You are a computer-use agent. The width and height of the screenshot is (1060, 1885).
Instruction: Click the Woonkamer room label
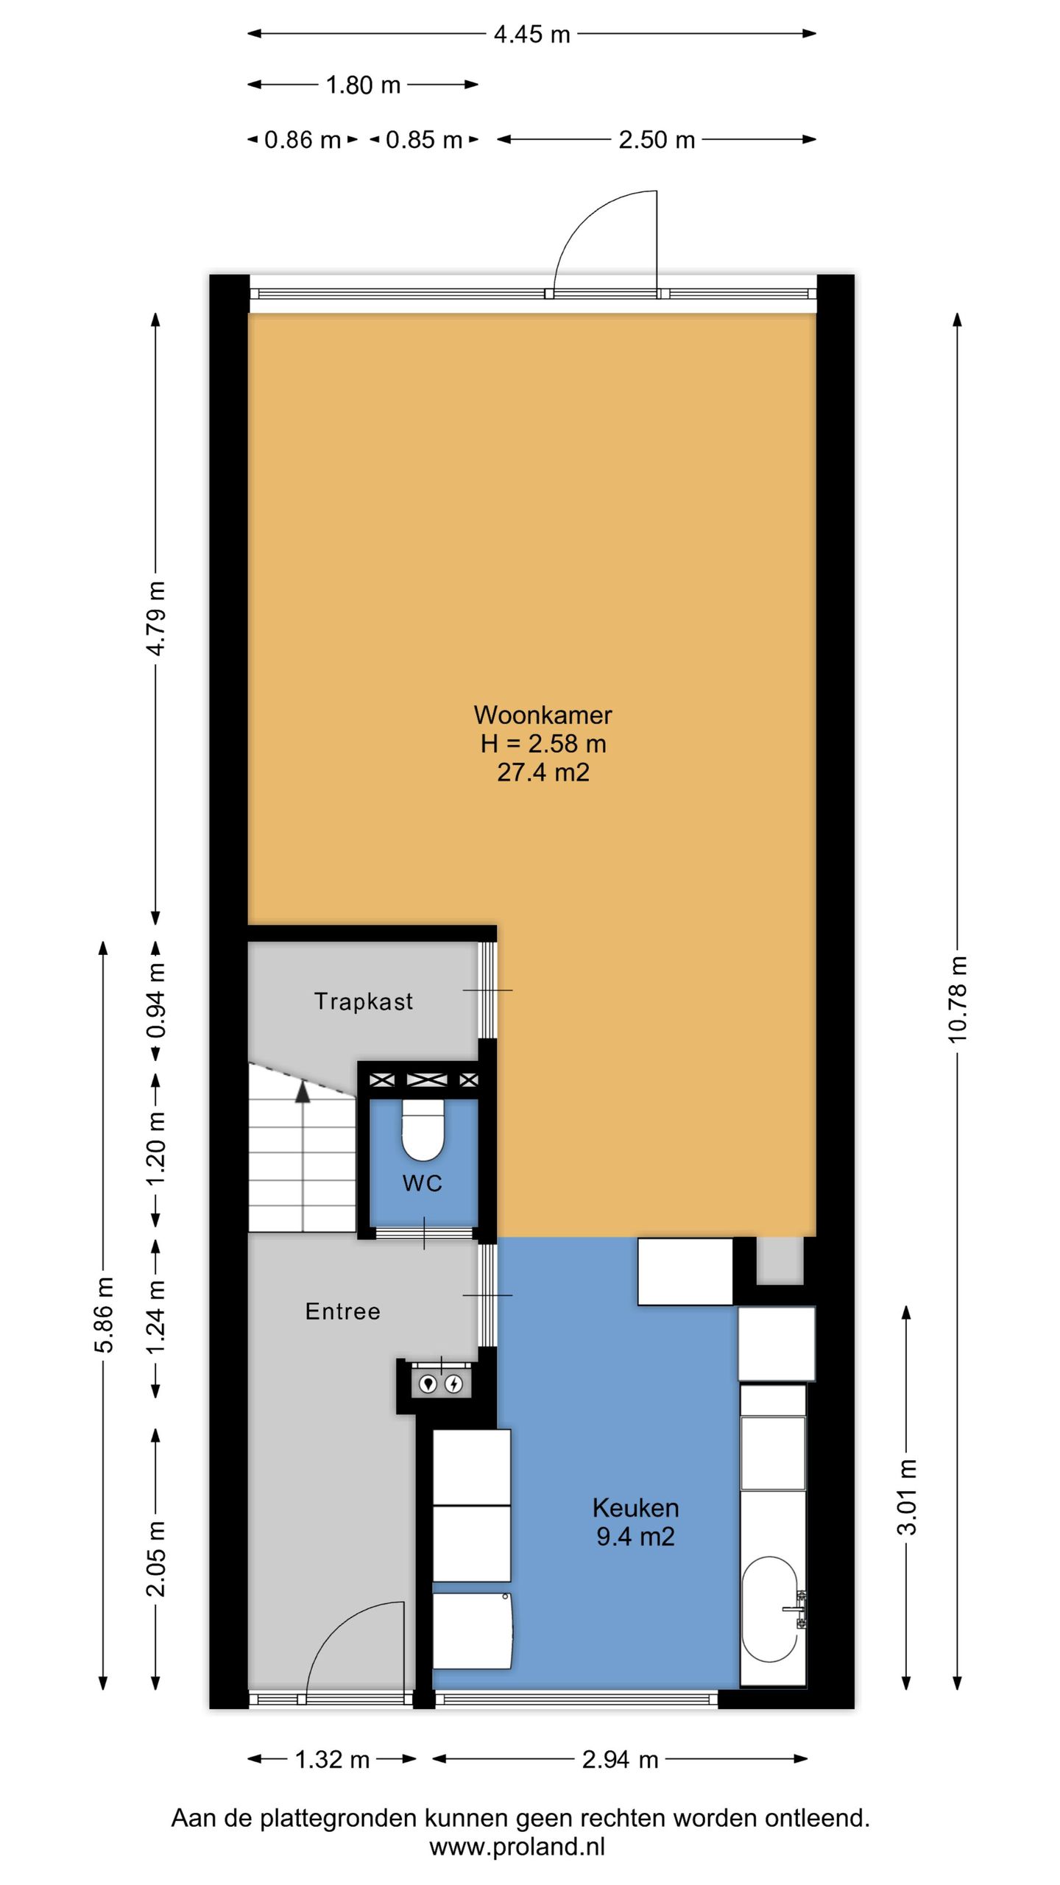coord(543,715)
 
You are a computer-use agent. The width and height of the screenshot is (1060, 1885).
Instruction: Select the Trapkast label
coord(364,1001)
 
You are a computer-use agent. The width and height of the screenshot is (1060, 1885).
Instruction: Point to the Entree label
coord(343,1311)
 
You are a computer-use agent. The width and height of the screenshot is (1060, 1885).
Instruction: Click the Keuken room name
coord(635,1508)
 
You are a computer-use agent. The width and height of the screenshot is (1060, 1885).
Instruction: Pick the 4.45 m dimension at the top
coord(531,34)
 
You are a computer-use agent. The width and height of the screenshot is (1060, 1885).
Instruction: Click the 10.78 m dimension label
coord(957,999)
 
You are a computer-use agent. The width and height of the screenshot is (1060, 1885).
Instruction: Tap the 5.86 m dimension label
coord(104,1315)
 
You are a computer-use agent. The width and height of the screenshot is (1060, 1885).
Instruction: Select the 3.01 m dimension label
coord(907,1497)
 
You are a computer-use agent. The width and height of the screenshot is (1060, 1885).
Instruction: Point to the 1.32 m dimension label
coord(332,1760)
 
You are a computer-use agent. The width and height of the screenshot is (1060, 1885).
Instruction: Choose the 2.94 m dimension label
coord(620,1760)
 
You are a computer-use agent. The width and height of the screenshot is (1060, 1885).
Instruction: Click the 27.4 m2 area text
coord(543,772)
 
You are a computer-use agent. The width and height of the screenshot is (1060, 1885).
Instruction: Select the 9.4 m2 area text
coord(635,1537)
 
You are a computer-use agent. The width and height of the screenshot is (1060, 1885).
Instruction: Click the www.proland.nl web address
coord(517,1847)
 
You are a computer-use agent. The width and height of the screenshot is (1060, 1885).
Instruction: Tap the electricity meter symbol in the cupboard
coord(454,1384)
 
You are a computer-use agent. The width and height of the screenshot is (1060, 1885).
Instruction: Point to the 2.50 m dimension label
coord(657,140)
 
